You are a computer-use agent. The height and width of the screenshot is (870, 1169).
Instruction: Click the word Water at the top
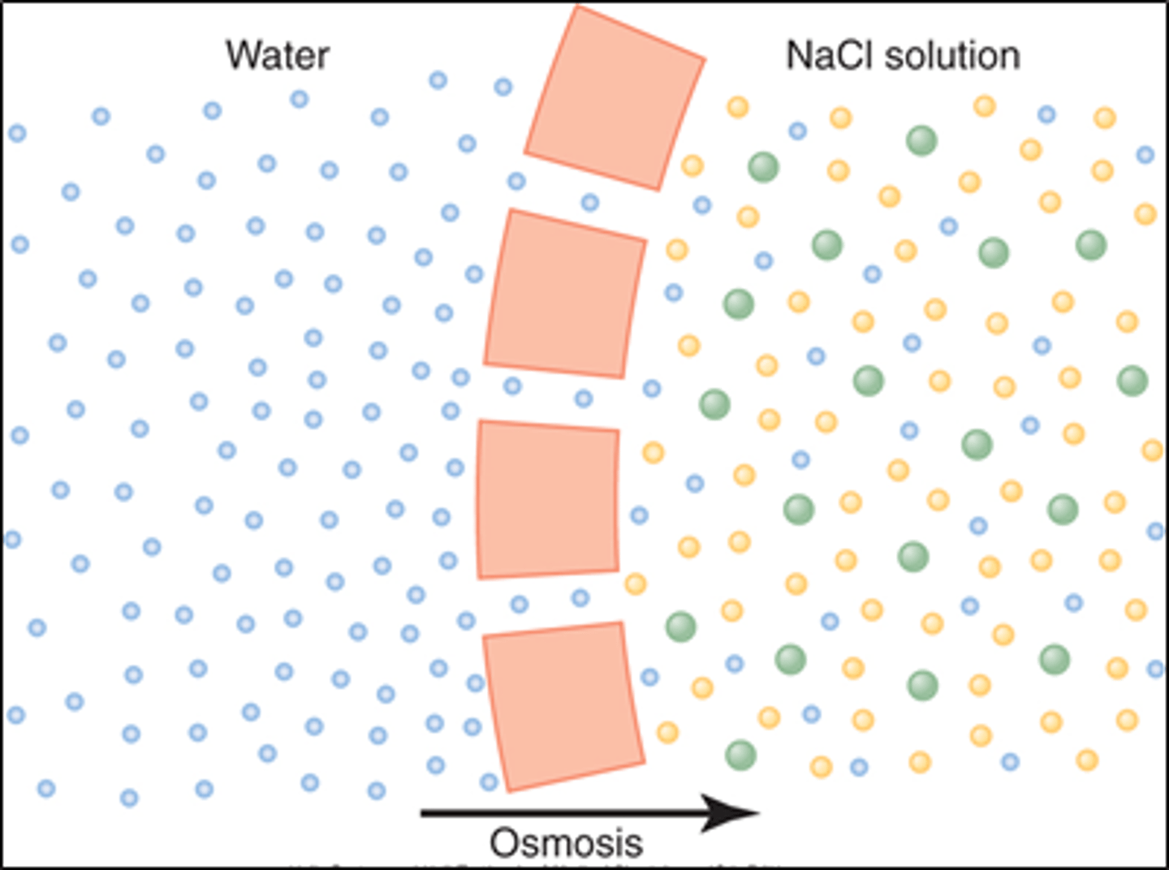point(277,55)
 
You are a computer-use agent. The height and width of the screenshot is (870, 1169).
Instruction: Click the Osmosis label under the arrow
point(566,843)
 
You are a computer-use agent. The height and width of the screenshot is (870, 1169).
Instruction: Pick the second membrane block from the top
point(565,294)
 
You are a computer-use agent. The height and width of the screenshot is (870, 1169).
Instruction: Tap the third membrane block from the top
point(548,498)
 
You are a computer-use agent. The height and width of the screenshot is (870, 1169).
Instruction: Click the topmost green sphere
point(921,140)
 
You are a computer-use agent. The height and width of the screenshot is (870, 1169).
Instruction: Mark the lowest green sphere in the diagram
point(740,755)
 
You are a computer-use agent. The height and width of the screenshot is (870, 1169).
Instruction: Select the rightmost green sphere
point(1132,380)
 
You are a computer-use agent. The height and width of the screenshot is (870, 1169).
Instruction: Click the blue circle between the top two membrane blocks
point(590,202)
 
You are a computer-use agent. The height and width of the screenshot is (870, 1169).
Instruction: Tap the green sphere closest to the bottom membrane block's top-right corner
point(680,626)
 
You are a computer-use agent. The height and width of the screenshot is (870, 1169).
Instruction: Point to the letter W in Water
point(241,55)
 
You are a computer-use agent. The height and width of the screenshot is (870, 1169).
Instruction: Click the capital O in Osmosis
point(503,843)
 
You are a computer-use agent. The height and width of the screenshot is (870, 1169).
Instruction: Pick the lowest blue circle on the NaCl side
point(859,766)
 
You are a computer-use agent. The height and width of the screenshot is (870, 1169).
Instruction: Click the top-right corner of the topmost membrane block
point(703,59)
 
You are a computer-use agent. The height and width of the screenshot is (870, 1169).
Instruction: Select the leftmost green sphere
point(680,626)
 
